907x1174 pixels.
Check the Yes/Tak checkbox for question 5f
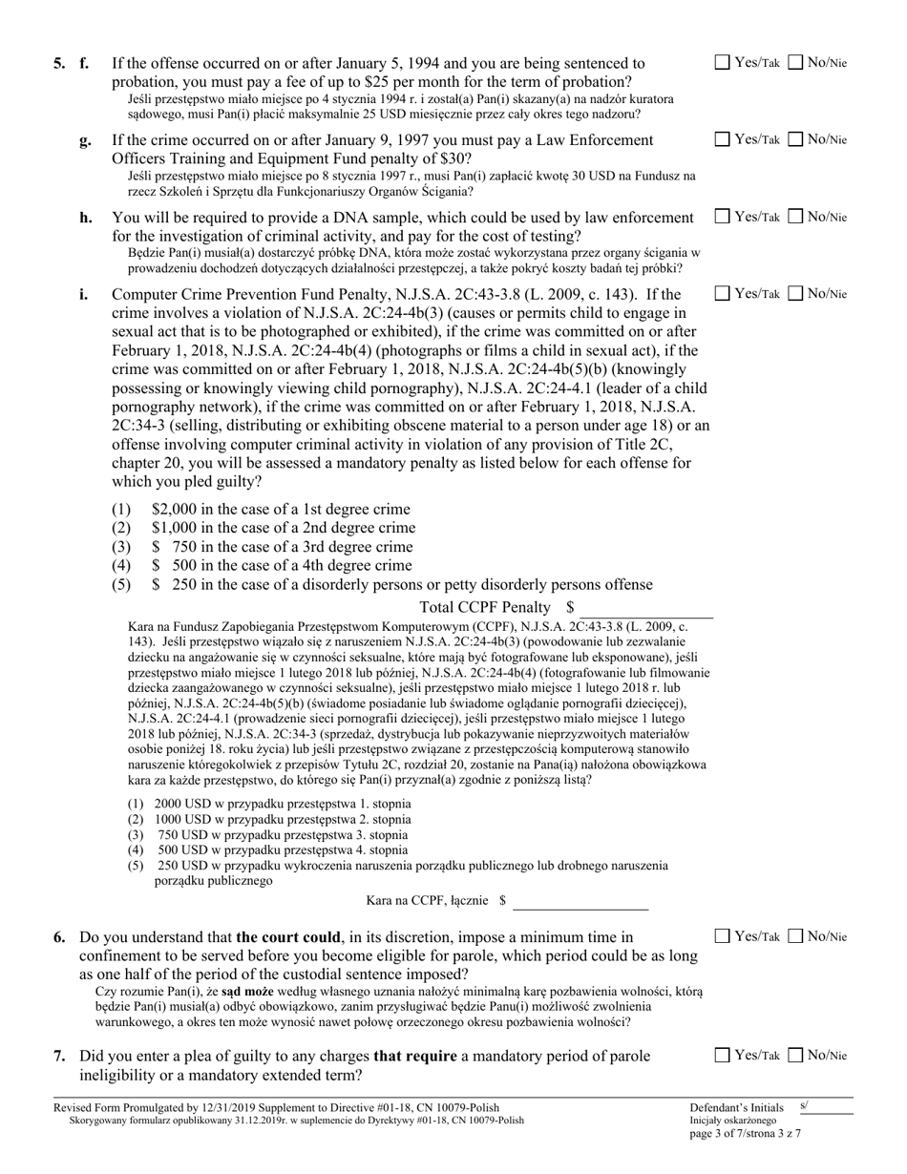pos(723,63)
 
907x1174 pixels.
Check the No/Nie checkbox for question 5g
pos(795,139)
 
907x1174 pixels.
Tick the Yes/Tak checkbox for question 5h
pos(723,217)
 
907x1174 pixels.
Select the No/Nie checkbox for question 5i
pos(795,293)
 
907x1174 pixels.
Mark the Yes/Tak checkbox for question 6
pos(723,936)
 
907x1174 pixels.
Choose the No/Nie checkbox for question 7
pos(795,1055)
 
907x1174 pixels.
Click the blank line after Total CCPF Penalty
pos(645,608)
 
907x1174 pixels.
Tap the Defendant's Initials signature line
pos(825,1107)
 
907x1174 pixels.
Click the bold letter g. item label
pos(85,140)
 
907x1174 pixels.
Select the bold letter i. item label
pos(84,294)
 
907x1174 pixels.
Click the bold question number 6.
pos(59,937)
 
